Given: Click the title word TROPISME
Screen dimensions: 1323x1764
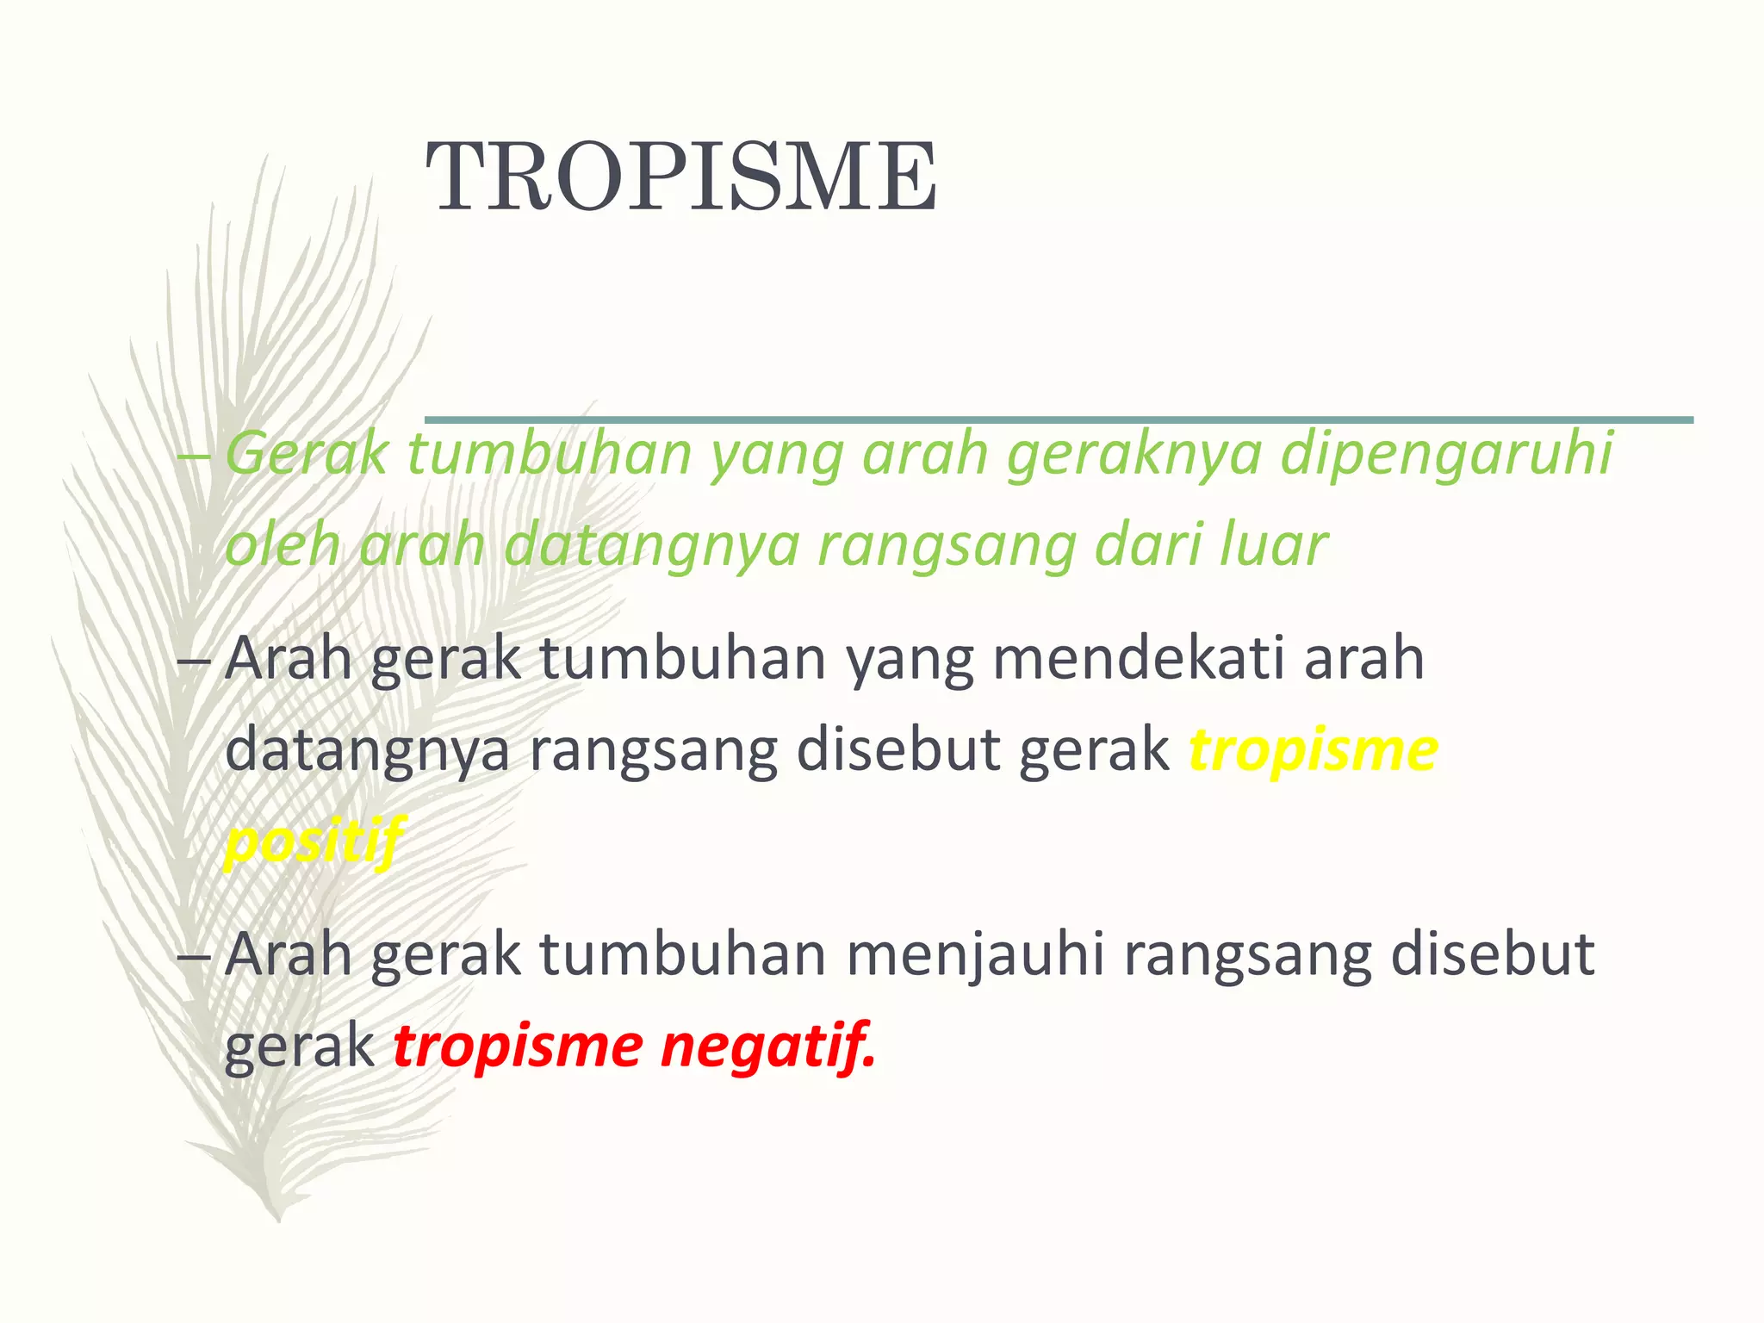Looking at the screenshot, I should (x=681, y=177).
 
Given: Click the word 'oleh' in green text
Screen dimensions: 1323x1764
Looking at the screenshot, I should (x=283, y=545).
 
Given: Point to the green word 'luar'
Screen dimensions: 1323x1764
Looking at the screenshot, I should (x=1272, y=545).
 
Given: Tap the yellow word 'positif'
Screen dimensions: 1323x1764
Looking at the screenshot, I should (x=314, y=841).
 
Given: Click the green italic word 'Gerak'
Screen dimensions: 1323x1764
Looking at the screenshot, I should (x=307, y=454).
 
